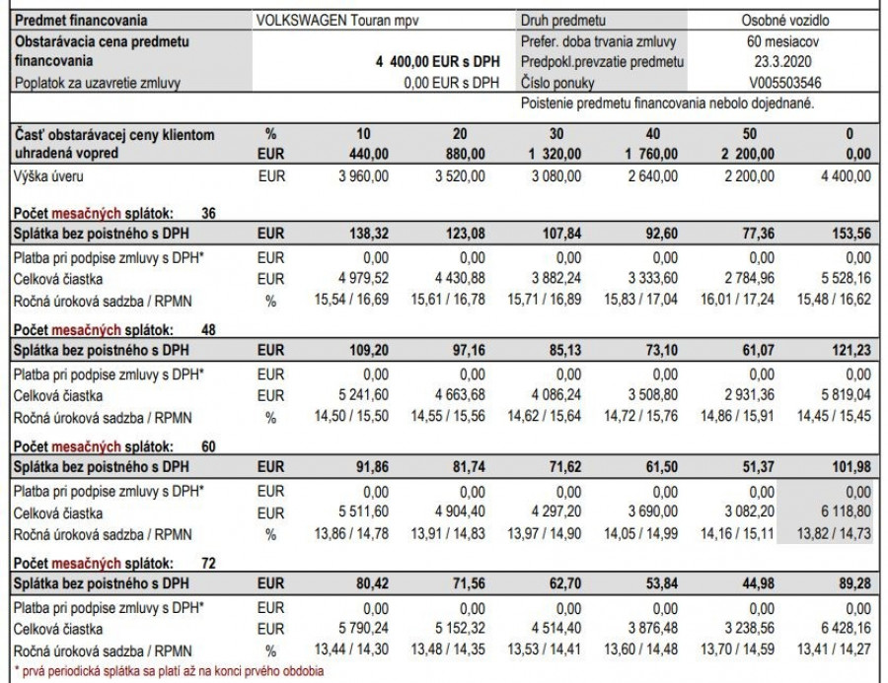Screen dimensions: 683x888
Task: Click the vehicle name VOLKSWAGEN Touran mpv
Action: click(317, 20)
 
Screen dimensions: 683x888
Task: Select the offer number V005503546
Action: click(784, 83)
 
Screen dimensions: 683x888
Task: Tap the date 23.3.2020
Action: click(784, 62)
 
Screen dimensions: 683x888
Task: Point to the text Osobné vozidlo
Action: click(784, 20)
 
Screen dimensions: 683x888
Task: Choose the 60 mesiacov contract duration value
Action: click(784, 41)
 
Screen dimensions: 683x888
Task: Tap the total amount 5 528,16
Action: click(846, 279)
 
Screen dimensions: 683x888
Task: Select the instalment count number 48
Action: click(208, 330)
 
